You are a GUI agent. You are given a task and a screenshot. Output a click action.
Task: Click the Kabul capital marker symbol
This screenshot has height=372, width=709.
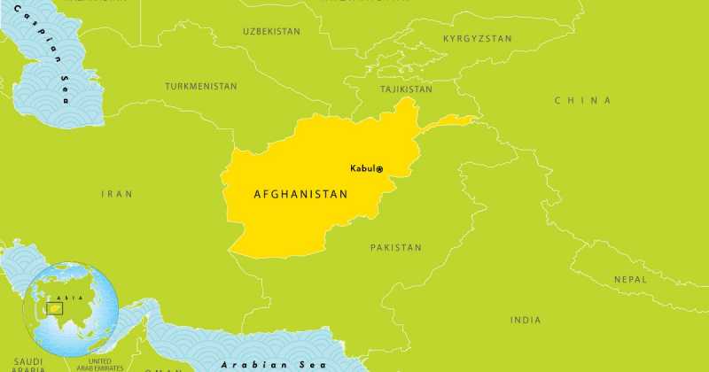380,169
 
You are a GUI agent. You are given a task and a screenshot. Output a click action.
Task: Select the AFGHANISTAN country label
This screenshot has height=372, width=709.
300,193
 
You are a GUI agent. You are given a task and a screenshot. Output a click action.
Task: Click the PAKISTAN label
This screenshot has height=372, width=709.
395,247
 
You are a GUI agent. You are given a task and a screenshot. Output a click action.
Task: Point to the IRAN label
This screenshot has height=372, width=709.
116,192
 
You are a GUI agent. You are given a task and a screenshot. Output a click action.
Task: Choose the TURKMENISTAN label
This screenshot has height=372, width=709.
201,86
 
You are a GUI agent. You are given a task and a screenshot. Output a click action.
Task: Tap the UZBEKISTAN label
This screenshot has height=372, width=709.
271,31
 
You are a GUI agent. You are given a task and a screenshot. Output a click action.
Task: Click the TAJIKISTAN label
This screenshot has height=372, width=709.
406,89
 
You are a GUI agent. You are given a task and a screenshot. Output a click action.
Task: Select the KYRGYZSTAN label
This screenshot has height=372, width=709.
478,39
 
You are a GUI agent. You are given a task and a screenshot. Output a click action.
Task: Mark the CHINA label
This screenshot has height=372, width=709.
582,100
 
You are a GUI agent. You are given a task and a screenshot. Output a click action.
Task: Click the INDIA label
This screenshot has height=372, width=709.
526,319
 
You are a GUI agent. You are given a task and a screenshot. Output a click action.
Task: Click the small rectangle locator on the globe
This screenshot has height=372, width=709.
55,309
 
